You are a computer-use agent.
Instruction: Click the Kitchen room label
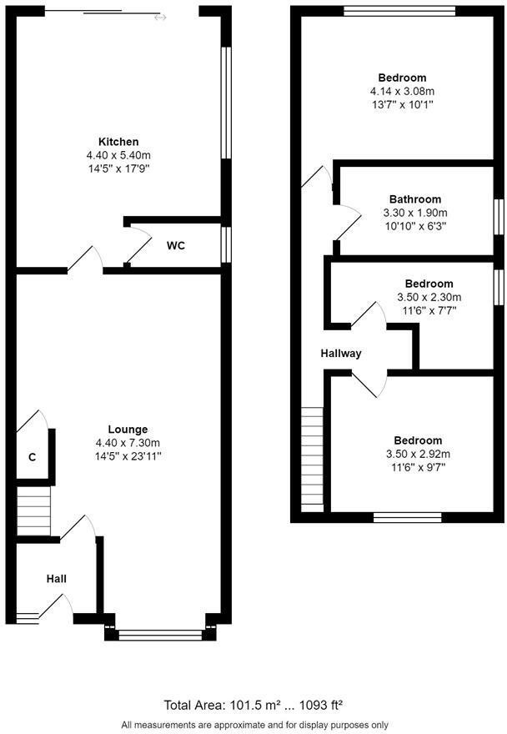118,142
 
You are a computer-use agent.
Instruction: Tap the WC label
175,245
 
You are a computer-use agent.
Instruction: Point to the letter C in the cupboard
33,458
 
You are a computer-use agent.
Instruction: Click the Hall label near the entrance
56,579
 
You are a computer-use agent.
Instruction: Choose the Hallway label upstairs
341,354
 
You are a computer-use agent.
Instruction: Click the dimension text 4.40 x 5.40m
118,155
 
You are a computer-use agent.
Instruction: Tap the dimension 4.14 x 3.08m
402,91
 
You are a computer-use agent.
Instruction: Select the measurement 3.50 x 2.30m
429,297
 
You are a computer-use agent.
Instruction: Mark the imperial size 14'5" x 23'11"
128,456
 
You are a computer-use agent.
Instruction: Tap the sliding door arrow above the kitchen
159,17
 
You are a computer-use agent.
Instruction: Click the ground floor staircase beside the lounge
33,512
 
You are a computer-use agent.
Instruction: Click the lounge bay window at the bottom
161,635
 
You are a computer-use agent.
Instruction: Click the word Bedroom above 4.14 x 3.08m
402,78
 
